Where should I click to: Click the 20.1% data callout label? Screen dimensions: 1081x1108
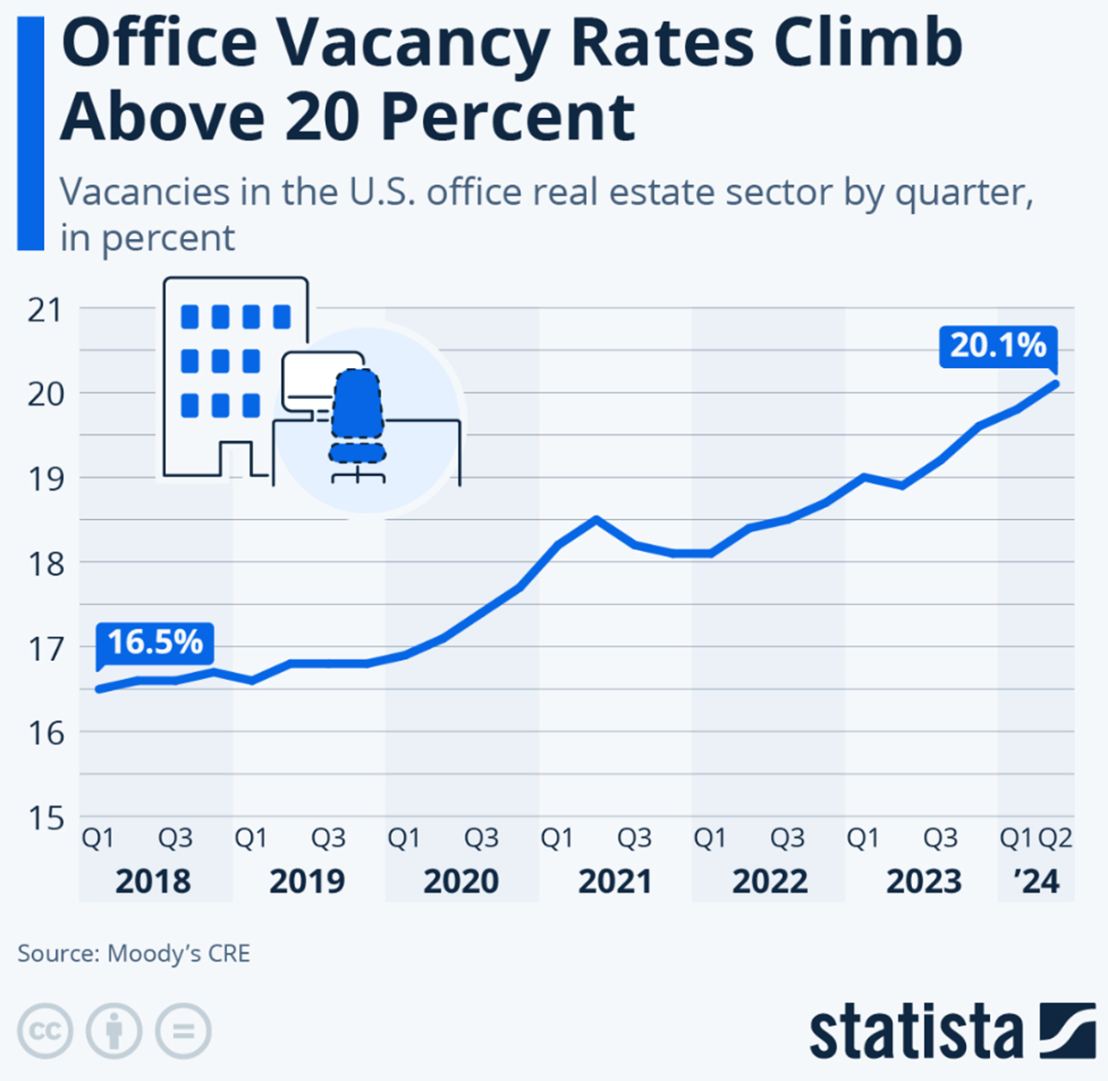(x=997, y=346)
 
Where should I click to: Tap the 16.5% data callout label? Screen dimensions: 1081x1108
(x=155, y=643)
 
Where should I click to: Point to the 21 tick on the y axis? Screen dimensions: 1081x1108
(x=45, y=310)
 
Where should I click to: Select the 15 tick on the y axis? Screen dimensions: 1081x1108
(x=45, y=817)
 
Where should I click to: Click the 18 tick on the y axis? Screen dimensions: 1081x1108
(x=45, y=564)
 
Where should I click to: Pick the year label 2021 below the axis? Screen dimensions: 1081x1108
(x=615, y=881)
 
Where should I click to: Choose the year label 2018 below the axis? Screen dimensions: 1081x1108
(x=153, y=881)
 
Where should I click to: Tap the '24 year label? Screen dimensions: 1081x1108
(x=1037, y=881)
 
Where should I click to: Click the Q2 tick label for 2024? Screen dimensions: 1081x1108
(x=1055, y=838)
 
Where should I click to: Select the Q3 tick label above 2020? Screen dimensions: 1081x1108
(x=482, y=838)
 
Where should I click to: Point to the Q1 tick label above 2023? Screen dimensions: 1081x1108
(x=863, y=838)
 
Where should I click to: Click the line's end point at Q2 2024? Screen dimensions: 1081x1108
(x=1055, y=384)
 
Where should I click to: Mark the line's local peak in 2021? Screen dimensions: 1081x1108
(x=596, y=519)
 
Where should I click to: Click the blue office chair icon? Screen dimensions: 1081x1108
(x=356, y=417)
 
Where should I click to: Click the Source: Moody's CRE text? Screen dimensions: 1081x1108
(x=134, y=953)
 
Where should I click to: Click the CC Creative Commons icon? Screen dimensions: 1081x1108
(x=44, y=1032)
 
